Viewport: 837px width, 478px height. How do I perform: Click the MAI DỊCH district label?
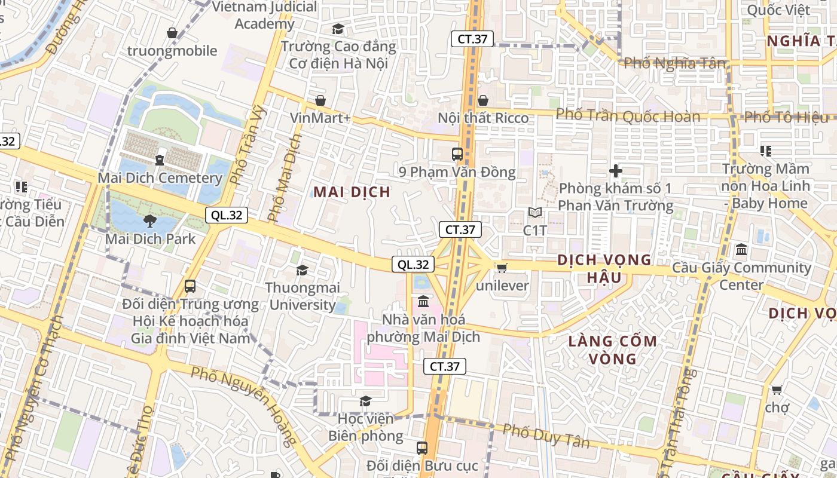352,192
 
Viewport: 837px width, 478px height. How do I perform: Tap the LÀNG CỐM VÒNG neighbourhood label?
612,350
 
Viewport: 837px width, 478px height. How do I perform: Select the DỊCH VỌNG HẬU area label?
604,268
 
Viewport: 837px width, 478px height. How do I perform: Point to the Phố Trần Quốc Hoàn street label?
628,115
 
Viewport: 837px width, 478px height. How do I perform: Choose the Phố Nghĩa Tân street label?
674,63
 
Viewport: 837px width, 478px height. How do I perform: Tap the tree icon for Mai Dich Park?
150,222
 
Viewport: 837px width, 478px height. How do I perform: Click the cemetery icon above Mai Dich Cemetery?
160,160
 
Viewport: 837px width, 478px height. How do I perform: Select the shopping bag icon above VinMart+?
320,100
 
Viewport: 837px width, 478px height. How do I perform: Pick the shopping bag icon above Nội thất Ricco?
483,100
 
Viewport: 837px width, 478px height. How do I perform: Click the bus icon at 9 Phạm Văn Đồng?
457,154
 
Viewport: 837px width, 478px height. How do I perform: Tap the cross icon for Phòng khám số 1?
616,171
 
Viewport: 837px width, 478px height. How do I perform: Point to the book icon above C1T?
535,213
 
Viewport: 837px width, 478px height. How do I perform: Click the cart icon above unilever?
502,268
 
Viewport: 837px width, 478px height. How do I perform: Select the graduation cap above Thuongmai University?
303,271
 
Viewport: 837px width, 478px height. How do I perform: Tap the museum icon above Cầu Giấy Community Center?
741,250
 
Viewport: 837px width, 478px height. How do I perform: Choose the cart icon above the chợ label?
777,390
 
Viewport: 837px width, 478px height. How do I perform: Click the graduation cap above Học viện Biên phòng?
365,401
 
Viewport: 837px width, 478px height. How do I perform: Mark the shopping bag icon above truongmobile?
172,33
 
